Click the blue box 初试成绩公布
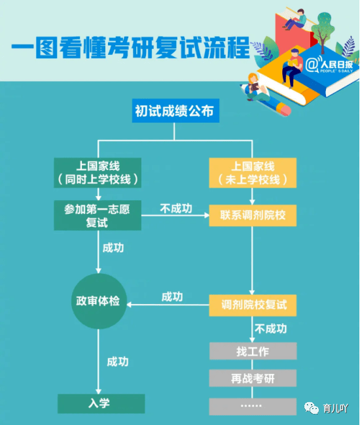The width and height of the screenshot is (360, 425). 175,110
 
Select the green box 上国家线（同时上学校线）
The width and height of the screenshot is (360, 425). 98,173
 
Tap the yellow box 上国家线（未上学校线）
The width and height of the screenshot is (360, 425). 253,173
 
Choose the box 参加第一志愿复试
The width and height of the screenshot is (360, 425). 98,216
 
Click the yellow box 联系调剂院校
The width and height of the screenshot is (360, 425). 253,216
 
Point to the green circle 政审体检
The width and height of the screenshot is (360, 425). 99,301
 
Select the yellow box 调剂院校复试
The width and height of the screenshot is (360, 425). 253,305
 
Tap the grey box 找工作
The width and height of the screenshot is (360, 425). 253,351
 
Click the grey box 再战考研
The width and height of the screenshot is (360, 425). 253,378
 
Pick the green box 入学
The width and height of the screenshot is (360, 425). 101,403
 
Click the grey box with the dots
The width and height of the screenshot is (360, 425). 253,406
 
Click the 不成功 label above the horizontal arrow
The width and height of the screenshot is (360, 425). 176,209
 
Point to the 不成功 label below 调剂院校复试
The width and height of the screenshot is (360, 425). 271,329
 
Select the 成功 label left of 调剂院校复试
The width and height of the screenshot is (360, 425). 172,297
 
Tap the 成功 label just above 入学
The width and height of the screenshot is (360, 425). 118,362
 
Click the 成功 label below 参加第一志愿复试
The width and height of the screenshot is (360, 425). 113,248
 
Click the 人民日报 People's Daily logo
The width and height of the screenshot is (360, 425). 329,65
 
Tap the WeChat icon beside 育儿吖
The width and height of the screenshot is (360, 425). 311,408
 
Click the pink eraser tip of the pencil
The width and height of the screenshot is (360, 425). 285,110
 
